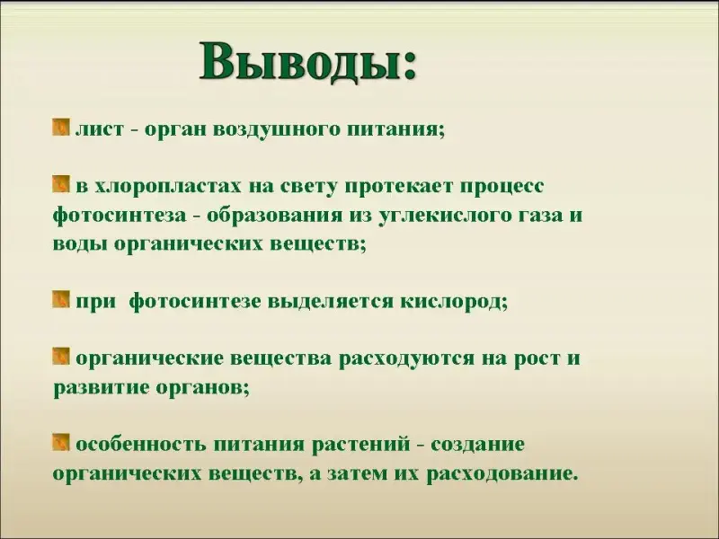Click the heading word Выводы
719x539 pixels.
[x=302, y=63]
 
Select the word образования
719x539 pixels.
[x=274, y=216]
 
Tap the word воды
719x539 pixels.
[x=79, y=244]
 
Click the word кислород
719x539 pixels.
[x=454, y=302]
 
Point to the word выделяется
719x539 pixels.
[x=330, y=302]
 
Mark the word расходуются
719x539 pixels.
[x=406, y=358]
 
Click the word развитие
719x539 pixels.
[x=101, y=388]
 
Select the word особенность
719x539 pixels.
[x=141, y=444]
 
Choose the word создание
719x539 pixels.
[x=477, y=445]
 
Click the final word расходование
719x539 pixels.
[x=502, y=474]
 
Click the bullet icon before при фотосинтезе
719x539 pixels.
[x=61, y=299]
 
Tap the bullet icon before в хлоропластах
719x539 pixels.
[x=61, y=184]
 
